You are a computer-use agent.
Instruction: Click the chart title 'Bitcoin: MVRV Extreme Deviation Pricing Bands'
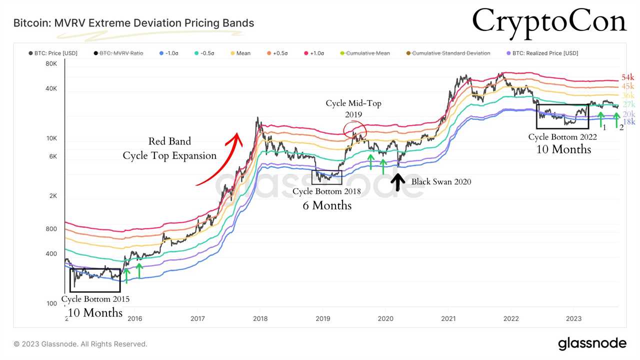133,23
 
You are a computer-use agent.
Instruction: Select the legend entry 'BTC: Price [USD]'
52,53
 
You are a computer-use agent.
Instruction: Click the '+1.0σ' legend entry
313,53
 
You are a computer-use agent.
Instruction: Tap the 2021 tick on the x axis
448,318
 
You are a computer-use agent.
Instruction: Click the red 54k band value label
627,78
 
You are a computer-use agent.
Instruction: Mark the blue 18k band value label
628,122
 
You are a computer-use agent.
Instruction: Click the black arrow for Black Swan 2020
398,181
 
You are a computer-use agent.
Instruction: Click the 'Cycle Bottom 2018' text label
326,191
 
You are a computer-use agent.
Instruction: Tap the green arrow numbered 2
616,120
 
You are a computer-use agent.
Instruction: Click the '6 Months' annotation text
326,205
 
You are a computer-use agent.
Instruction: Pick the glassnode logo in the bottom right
592,343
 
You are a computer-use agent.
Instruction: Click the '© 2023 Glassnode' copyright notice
80,344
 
